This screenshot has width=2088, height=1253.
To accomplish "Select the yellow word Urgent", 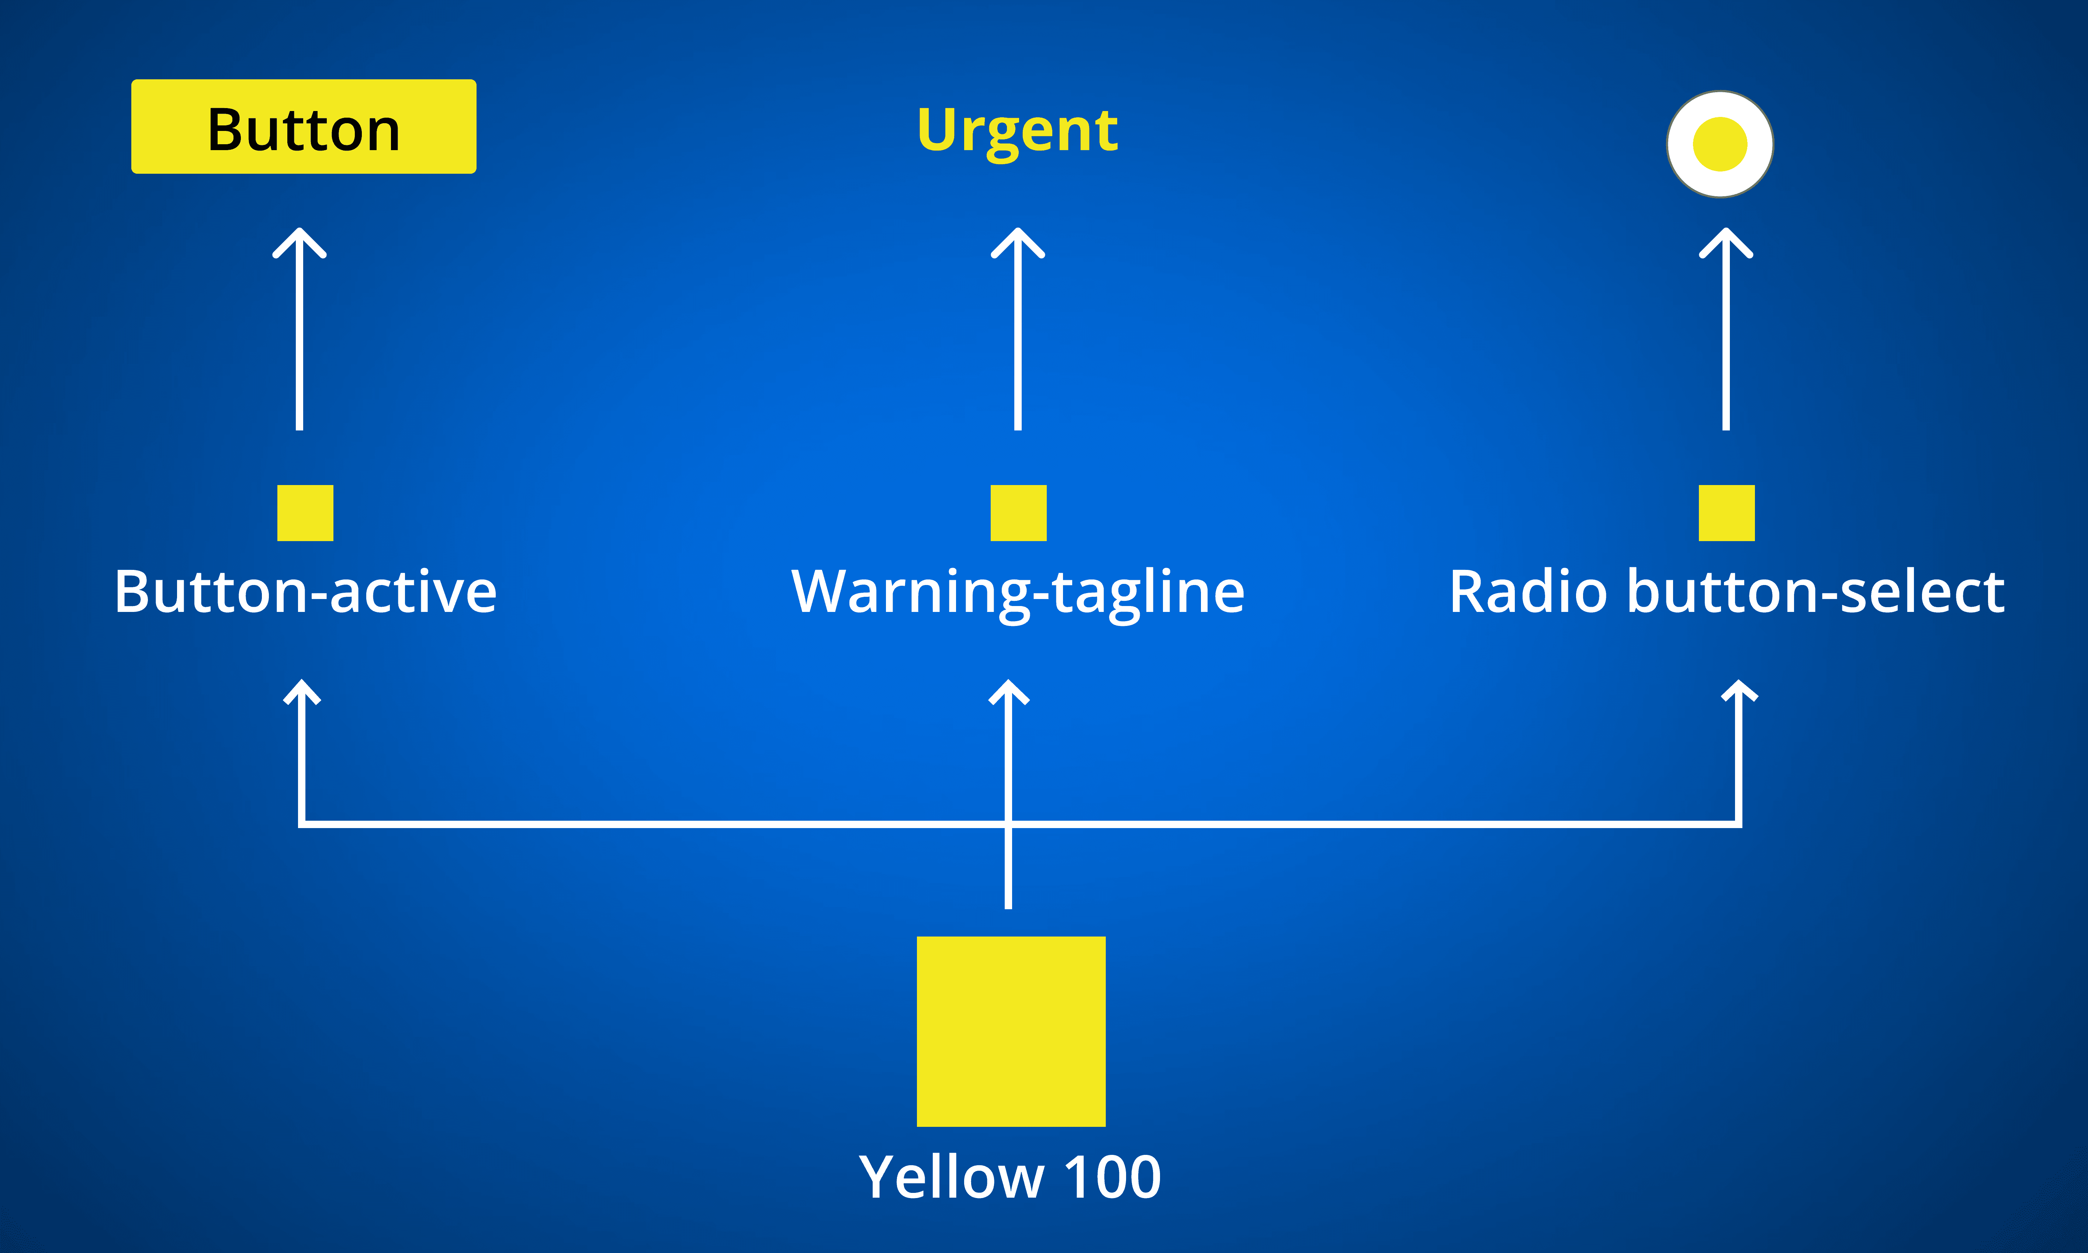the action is click(x=1017, y=131).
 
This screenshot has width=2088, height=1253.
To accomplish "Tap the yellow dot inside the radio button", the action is click(x=1720, y=144).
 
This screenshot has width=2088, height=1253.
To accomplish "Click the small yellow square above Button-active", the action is click(x=305, y=512).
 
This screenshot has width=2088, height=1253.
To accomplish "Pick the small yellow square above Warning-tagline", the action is click(x=1018, y=512).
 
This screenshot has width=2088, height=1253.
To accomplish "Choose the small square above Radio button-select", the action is click(x=1727, y=512).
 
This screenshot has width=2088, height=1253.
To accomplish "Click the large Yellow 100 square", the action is click(x=1011, y=1031).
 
